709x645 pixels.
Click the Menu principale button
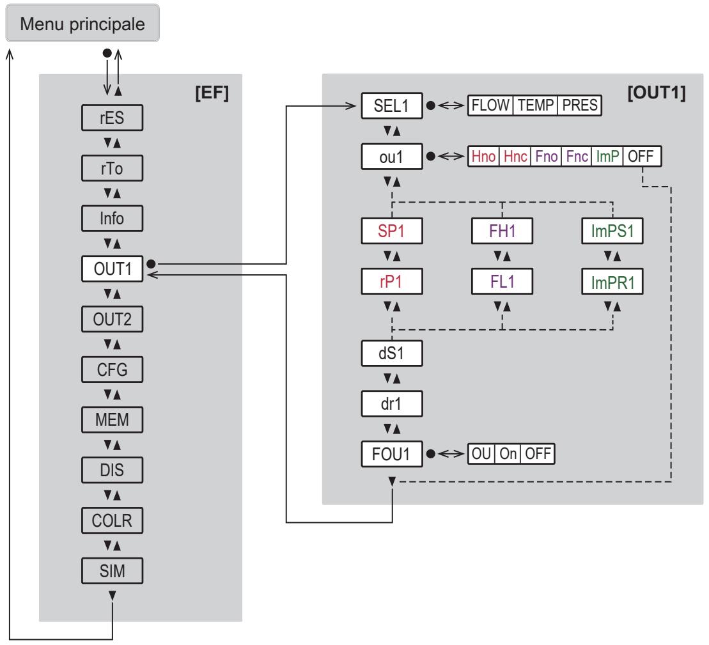point(82,24)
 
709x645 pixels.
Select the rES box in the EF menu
point(112,118)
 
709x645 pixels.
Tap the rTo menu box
point(112,168)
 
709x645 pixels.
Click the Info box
point(112,219)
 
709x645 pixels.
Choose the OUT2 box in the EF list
point(112,319)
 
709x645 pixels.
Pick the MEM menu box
point(112,420)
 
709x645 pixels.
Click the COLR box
point(112,520)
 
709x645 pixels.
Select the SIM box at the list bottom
point(112,571)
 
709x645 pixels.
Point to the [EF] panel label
point(212,93)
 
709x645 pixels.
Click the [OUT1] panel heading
point(657,93)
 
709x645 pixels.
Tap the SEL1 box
point(392,105)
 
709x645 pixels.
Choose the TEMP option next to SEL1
point(535,105)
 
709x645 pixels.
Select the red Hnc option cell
point(515,157)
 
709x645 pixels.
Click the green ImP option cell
point(607,157)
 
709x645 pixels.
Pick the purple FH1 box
point(502,231)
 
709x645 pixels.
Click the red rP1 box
point(392,282)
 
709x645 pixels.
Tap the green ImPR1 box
point(612,282)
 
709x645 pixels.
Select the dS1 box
point(392,354)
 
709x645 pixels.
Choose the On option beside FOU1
point(508,453)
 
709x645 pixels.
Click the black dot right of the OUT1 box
point(151,263)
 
